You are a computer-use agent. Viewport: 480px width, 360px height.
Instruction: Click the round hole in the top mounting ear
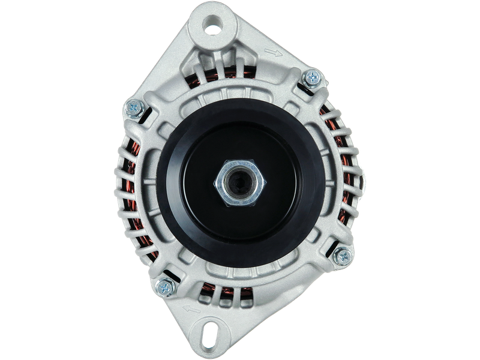(x=214, y=25)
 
